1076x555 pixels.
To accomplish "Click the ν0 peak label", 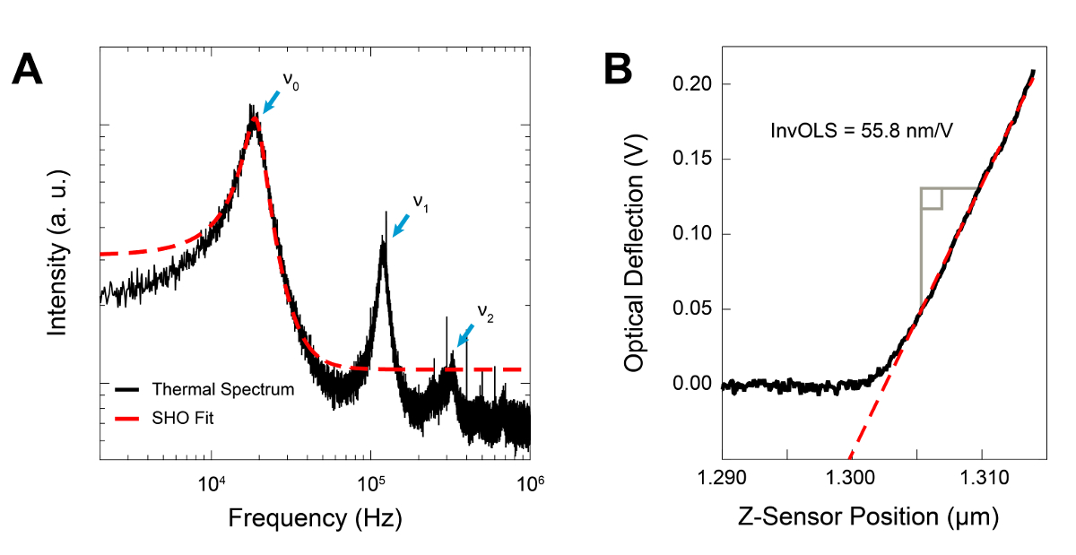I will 291,80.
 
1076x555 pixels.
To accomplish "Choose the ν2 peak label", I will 484,313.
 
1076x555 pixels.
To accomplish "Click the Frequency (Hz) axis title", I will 314,518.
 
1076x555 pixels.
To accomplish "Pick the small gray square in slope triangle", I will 932,199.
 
